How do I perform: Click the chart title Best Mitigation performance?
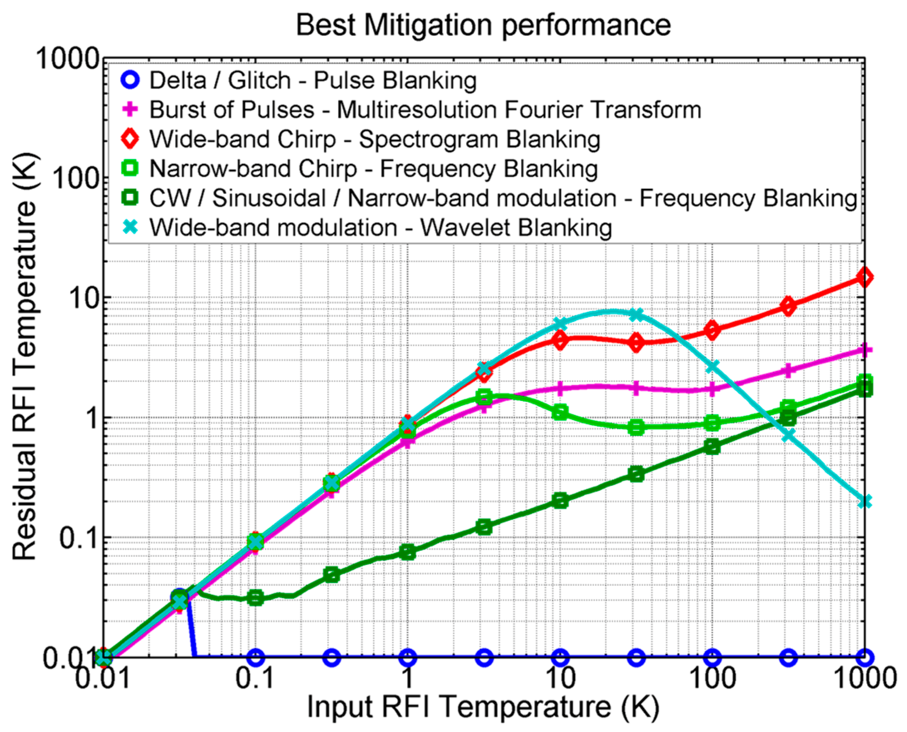(483, 25)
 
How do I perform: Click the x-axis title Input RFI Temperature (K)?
(483, 706)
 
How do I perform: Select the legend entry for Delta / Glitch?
(313, 81)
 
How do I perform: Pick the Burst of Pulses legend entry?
(425, 110)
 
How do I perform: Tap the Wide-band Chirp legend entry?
(374, 140)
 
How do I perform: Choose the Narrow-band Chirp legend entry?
(373, 169)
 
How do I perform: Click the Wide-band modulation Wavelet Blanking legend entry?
(380, 228)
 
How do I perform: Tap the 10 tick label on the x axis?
(560, 678)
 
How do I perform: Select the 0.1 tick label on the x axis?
(254, 678)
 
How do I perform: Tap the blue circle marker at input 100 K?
(712, 657)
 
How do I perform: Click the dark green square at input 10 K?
(560, 501)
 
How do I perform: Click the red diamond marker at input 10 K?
(560, 341)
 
